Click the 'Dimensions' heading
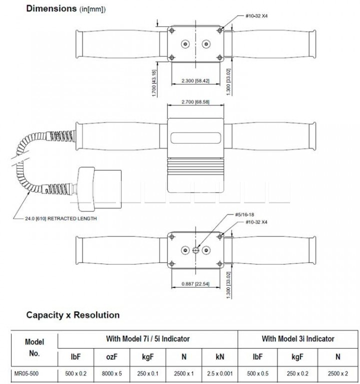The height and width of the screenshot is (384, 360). [x=51, y=8]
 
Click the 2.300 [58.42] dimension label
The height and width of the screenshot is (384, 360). [x=195, y=80]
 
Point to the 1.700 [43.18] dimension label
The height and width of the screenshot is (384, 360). [x=154, y=83]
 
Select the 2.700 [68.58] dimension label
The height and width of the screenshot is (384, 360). [x=195, y=102]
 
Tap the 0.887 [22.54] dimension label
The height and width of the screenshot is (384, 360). [x=195, y=284]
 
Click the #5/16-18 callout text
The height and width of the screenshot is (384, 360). [x=244, y=214]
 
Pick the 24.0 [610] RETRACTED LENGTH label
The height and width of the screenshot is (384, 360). [x=61, y=218]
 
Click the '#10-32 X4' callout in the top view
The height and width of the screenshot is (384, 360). [x=256, y=16]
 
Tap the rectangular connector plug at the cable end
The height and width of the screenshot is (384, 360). [x=99, y=189]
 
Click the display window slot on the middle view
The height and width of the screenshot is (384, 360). [x=195, y=138]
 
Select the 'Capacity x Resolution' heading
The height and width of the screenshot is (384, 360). [x=72, y=315]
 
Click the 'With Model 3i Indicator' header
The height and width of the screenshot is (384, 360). [x=298, y=338]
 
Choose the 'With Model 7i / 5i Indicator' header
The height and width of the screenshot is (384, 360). [x=148, y=338]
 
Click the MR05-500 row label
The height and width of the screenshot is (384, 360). [x=26, y=373]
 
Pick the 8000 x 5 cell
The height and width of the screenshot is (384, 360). [x=111, y=373]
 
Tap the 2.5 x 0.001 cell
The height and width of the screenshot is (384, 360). [x=219, y=373]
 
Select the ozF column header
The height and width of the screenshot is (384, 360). [x=111, y=357]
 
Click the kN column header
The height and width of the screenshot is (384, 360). [x=220, y=357]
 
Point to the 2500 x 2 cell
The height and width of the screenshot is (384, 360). [x=337, y=373]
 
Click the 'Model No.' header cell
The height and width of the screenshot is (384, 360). [x=34, y=347]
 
